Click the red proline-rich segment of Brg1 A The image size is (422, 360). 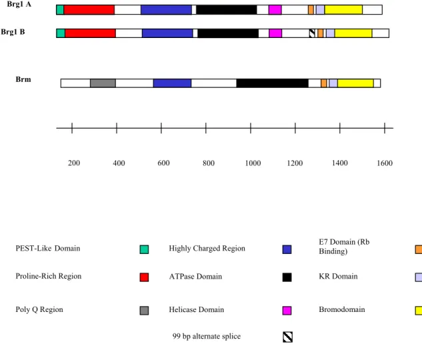coord(89,10)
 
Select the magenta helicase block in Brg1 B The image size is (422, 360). coord(275,33)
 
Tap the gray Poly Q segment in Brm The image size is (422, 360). coord(103,83)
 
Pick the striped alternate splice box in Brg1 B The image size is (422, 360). coord(312,33)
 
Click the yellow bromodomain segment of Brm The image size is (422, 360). coord(355,83)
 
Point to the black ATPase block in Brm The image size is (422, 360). coord(273,83)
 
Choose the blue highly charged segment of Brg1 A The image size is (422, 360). coord(166,10)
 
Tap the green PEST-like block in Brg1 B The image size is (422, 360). coord(61,33)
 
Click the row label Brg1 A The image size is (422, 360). coord(19,4)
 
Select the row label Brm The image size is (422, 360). coord(23,79)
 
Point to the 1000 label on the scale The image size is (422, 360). coord(253,163)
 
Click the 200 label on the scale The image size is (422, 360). coord(74,163)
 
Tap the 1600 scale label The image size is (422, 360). coord(385,163)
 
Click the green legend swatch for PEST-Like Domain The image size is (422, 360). coord(144,249)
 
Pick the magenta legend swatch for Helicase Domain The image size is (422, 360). coord(287,311)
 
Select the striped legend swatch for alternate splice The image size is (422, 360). coord(288,337)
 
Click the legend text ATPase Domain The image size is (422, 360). coord(195,277)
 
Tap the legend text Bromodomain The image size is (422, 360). coord(342,309)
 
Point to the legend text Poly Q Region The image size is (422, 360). coord(39,310)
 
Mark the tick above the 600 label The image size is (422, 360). coord(161,128)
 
